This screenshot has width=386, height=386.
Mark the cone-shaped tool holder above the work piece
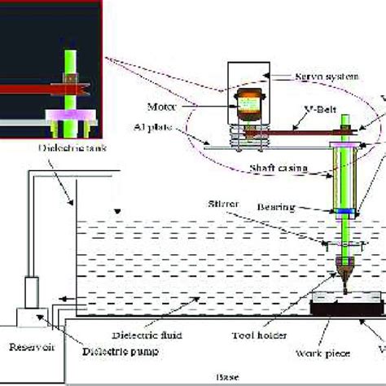[346, 269]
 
